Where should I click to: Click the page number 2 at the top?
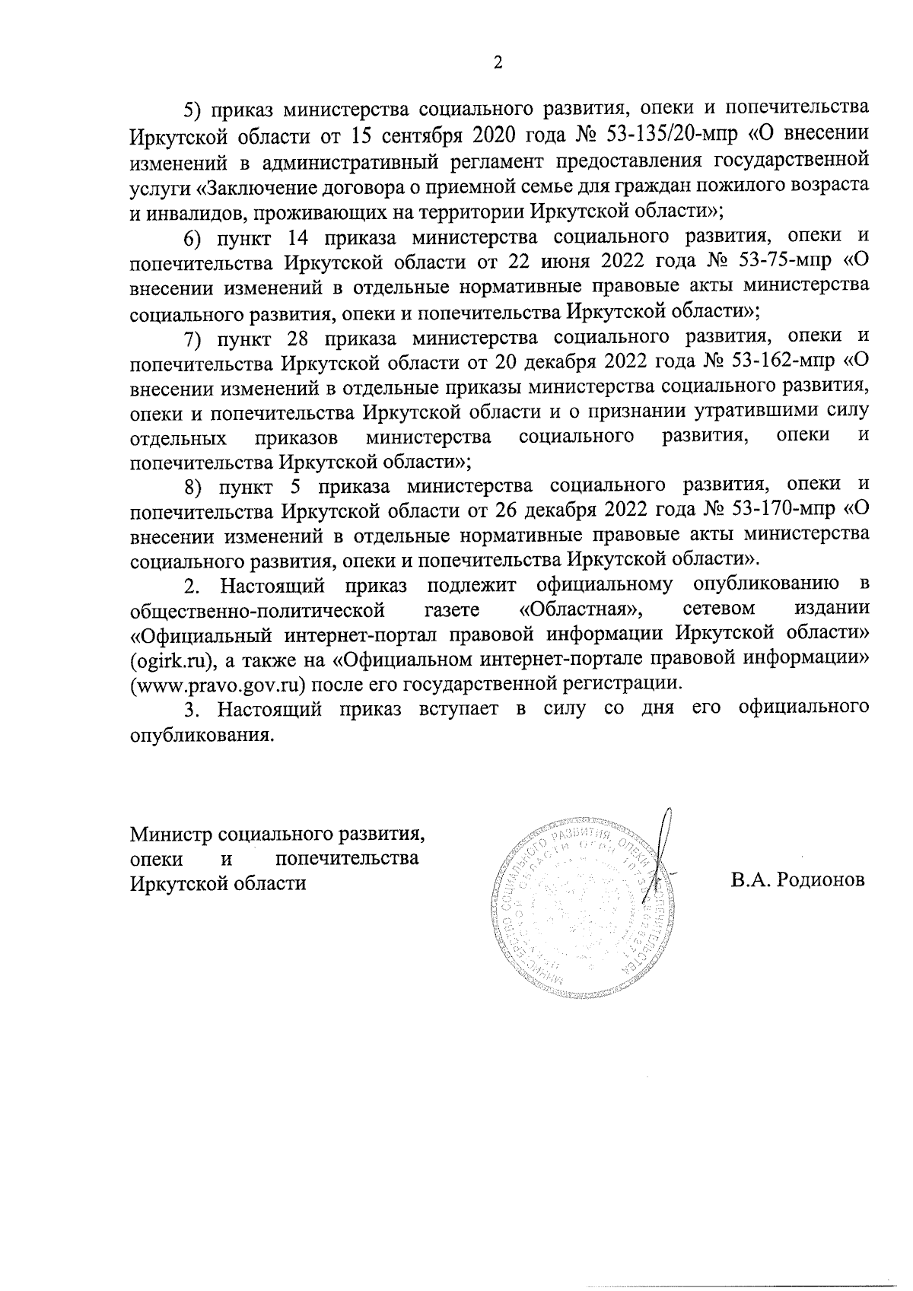pyautogui.click(x=498, y=63)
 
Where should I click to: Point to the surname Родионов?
pyautogui.click(x=821, y=880)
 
